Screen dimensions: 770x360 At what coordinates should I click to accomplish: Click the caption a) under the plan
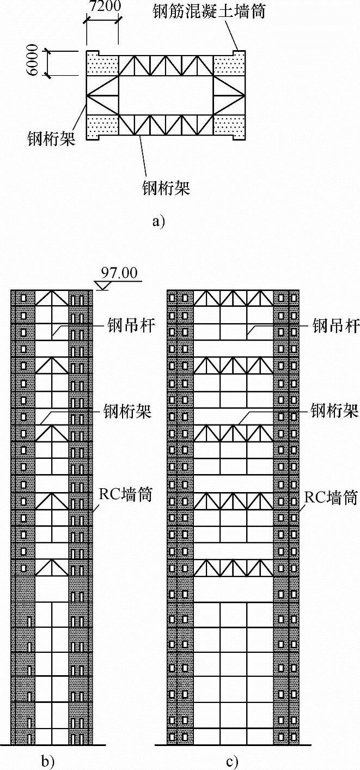click(158, 221)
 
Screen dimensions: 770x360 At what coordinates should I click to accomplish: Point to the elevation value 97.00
click(119, 273)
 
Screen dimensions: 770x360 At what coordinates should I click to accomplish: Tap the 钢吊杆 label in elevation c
click(335, 326)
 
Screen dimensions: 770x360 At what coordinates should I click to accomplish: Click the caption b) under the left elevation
click(51, 760)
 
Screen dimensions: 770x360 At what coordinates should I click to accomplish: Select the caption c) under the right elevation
click(234, 760)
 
